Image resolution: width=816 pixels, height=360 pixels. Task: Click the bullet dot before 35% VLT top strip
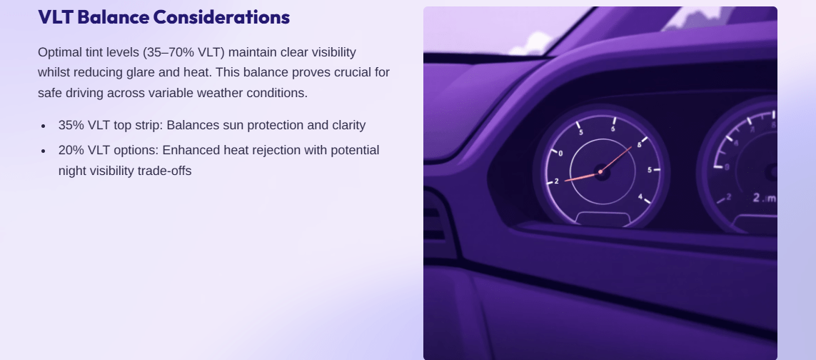click(x=44, y=126)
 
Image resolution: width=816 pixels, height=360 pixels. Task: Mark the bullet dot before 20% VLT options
click(x=44, y=151)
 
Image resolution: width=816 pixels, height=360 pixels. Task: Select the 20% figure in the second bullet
click(x=71, y=150)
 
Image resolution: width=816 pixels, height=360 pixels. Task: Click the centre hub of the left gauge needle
click(x=600, y=172)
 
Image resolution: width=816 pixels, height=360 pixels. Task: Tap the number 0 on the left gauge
click(x=560, y=153)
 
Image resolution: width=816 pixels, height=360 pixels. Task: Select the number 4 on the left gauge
click(x=640, y=196)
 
